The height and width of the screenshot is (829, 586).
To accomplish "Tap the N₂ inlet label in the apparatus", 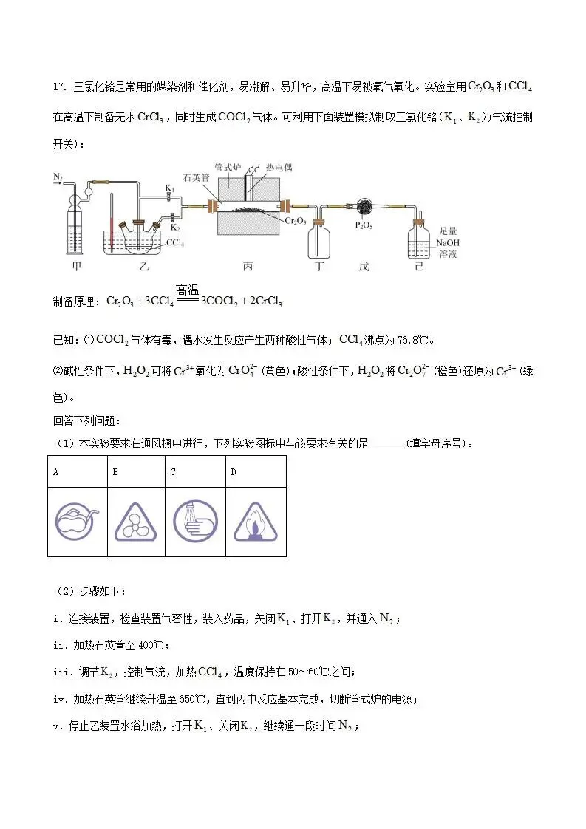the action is click(x=58, y=177).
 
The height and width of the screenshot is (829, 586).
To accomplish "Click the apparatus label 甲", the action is click(x=76, y=267).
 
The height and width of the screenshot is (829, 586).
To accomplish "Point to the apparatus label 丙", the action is click(x=248, y=267).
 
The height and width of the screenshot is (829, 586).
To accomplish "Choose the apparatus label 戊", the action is click(x=363, y=267).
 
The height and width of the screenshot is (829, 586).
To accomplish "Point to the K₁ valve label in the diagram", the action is click(x=169, y=190).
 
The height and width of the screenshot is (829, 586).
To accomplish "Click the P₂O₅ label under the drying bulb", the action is click(x=363, y=225).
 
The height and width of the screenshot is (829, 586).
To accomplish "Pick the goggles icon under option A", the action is click(x=76, y=521).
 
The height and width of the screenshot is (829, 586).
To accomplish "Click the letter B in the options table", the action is click(x=115, y=471).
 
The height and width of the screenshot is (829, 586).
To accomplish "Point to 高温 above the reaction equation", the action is click(x=188, y=290).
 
